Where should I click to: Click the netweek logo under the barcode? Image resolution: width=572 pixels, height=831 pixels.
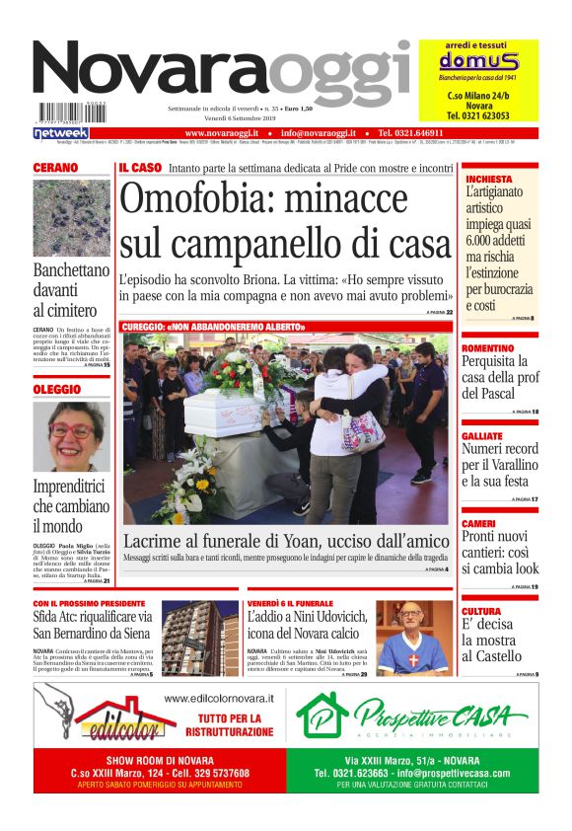click(x=61, y=133)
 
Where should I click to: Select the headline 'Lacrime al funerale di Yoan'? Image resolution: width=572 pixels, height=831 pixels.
click(x=286, y=540)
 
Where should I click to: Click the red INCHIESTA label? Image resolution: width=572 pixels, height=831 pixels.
click(x=489, y=179)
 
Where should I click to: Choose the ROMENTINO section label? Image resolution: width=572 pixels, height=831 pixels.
click(x=487, y=348)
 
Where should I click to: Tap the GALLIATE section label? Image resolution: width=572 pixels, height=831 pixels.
click(x=482, y=435)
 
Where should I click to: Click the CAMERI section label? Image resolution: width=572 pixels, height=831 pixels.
click(x=478, y=523)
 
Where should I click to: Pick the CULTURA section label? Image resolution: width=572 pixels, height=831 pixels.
click(x=481, y=611)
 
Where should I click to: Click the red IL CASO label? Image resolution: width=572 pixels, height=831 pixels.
click(x=140, y=169)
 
